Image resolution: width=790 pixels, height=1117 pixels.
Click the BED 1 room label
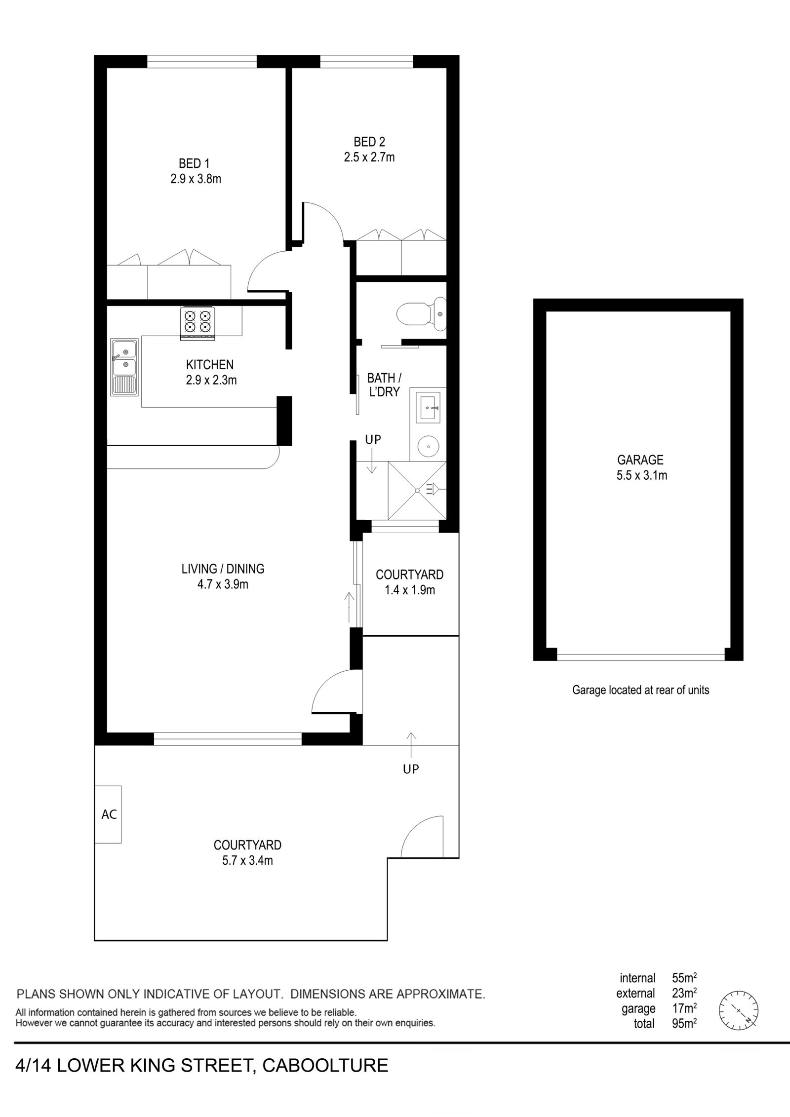194,163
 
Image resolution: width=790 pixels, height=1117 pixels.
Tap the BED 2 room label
369,142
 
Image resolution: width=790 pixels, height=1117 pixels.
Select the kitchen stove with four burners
198,323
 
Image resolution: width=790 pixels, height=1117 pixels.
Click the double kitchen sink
124,367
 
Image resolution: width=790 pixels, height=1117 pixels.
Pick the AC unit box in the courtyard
109,814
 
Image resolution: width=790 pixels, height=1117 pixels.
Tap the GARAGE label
640,460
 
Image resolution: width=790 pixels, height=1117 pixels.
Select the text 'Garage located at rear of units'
640,690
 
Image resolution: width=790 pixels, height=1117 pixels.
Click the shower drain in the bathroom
417,491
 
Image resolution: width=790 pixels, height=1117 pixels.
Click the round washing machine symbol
428,447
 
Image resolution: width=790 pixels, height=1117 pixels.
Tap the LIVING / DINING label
223,569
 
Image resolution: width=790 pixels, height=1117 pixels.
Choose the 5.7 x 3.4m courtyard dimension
247,861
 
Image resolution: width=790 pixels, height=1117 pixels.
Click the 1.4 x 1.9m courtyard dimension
409,590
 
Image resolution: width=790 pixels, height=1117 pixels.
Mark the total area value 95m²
684,1024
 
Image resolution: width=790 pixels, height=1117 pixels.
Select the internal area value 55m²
684,978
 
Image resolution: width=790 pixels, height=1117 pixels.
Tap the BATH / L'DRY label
384,385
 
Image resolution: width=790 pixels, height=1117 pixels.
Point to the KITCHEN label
210,365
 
